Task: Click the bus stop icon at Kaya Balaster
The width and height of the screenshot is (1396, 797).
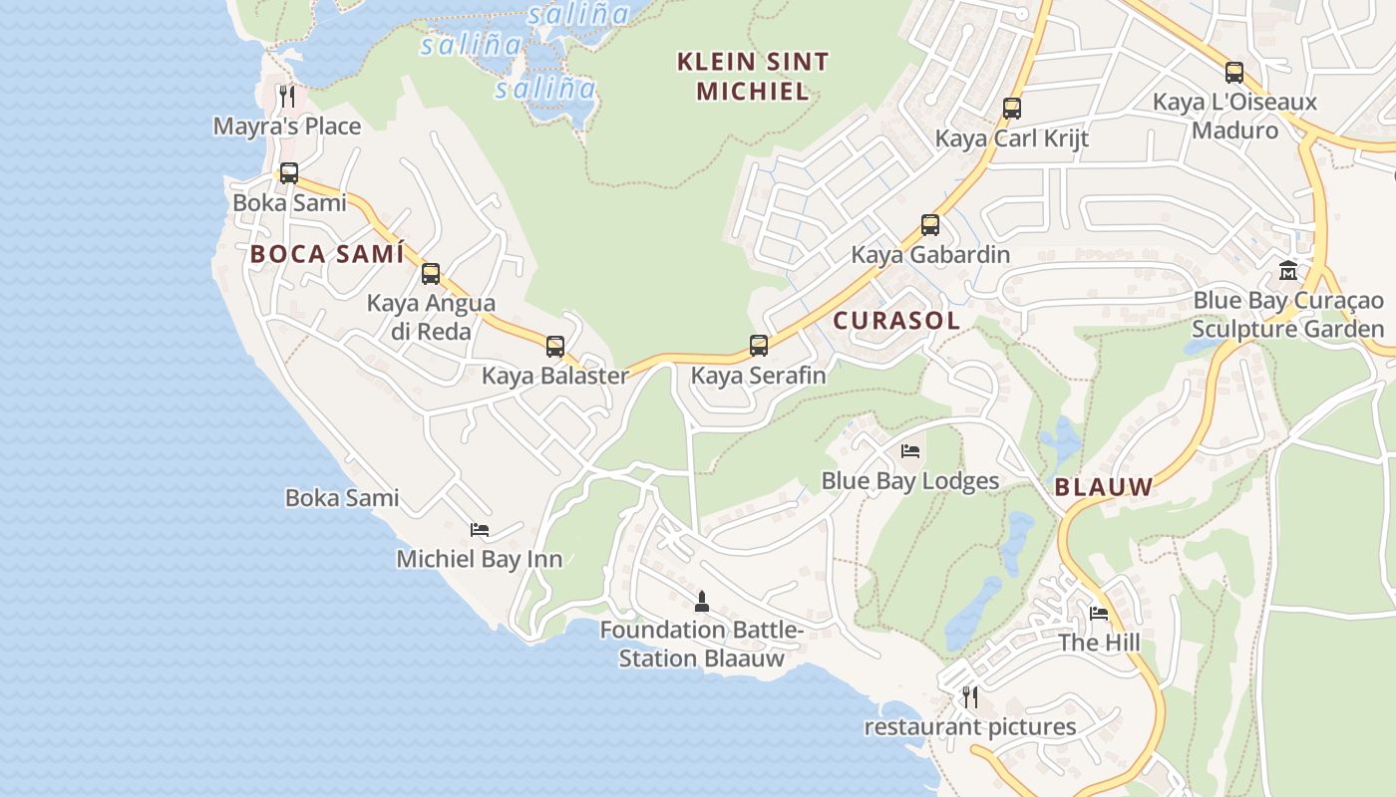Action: tap(555, 347)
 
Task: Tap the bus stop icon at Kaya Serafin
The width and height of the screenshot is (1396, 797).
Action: tap(759, 346)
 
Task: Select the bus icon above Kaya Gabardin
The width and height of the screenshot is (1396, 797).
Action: tap(930, 225)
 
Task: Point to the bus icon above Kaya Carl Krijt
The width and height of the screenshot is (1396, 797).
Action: tap(1012, 109)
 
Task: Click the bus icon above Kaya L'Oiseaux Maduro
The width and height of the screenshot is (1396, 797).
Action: tap(1234, 73)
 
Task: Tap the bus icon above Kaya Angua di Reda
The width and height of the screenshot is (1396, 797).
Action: tap(431, 274)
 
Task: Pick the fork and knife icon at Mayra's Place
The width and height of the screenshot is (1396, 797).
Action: tap(287, 97)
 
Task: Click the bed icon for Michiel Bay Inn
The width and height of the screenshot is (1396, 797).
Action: tap(480, 530)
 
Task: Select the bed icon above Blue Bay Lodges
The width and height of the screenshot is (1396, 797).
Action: tap(910, 451)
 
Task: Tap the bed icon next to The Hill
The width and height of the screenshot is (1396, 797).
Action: tap(1099, 614)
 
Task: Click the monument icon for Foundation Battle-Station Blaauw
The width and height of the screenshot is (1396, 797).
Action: tap(702, 601)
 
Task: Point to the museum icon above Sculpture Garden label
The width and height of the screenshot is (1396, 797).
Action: tap(1288, 271)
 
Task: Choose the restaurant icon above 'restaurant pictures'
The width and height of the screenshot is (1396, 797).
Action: tap(969, 697)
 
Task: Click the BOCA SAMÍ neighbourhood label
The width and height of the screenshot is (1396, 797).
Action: tap(327, 254)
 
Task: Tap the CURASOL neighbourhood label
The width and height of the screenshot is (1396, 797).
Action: tap(896, 321)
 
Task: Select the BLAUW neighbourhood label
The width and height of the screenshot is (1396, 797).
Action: tap(1104, 487)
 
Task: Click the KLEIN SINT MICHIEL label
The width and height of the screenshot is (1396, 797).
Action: tap(753, 77)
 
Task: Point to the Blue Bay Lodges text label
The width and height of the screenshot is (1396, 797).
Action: tap(909, 481)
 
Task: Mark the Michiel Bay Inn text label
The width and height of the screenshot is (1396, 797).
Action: tap(480, 559)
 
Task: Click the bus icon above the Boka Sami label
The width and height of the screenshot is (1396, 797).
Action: tap(289, 173)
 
